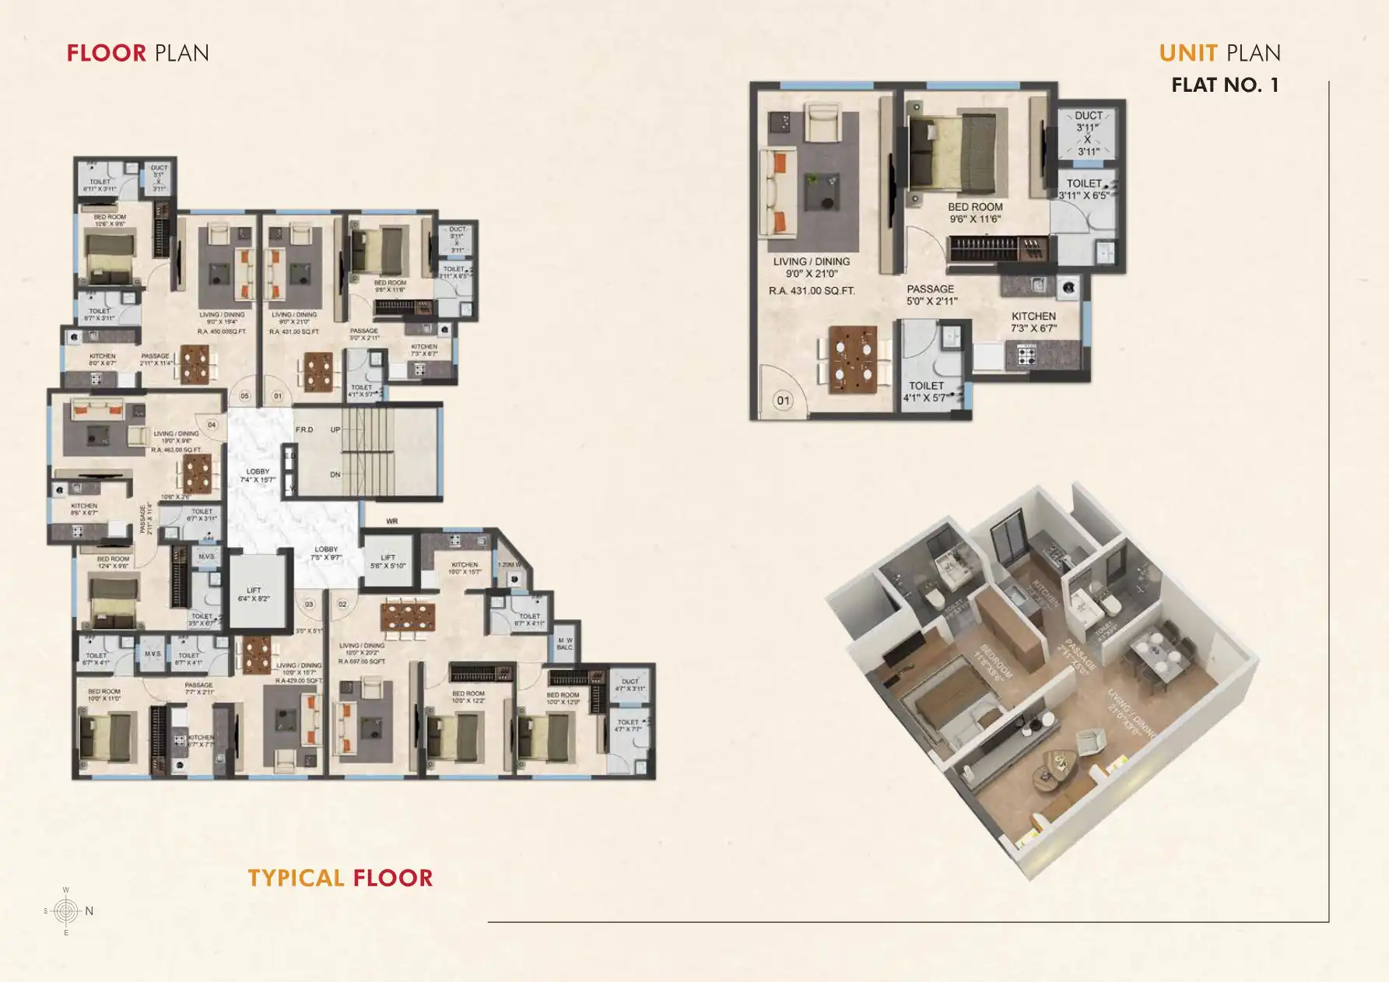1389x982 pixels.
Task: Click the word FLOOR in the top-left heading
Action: coord(107,53)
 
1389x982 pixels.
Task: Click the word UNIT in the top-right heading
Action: coord(1187,53)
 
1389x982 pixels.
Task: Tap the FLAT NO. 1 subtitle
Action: coord(1225,85)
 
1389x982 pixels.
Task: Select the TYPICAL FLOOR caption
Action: coord(340,878)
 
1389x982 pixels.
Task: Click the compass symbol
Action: coord(67,910)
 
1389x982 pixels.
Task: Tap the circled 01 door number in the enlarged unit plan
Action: coord(783,401)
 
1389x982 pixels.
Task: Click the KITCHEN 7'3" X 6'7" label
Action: coord(1033,322)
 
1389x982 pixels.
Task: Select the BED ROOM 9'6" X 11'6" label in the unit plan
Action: coord(975,212)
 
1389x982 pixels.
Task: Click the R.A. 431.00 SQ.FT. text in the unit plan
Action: coord(812,291)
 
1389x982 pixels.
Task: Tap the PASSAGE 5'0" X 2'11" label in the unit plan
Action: coord(931,294)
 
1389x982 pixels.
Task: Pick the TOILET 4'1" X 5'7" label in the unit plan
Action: coord(926,391)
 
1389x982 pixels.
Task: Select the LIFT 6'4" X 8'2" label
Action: coord(254,594)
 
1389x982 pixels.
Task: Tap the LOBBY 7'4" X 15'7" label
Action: coord(258,475)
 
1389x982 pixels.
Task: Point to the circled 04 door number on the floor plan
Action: coord(212,425)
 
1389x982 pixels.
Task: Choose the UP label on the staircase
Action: coord(335,430)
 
